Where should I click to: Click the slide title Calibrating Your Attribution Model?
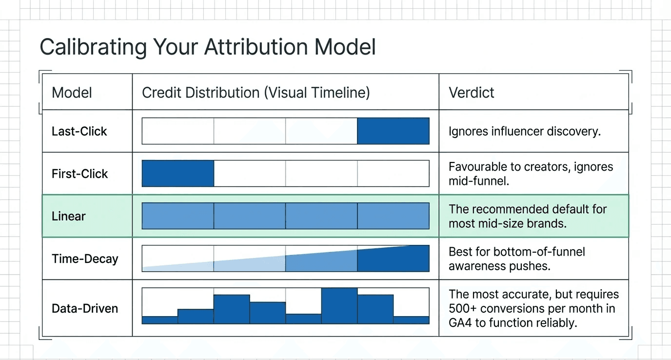click(x=208, y=47)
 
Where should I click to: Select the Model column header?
click(x=72, y=93)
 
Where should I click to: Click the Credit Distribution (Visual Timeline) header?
click(x=256, y=93)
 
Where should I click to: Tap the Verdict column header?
click(x=471, y=93)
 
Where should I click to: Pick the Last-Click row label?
click(x=79, y=131)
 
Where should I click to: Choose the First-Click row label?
click(x=79, y=174)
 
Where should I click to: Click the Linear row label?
click(x=69, y=216)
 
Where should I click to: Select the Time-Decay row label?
click(x=85, y=259)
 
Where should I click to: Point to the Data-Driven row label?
click(x=85, y=308)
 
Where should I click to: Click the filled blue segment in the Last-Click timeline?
click(x=393, y=131)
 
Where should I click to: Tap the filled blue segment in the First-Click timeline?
click(x=178, y=174)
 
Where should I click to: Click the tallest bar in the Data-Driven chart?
click(x=339, y=306)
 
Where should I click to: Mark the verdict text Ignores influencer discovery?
click(x=524, y=131)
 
